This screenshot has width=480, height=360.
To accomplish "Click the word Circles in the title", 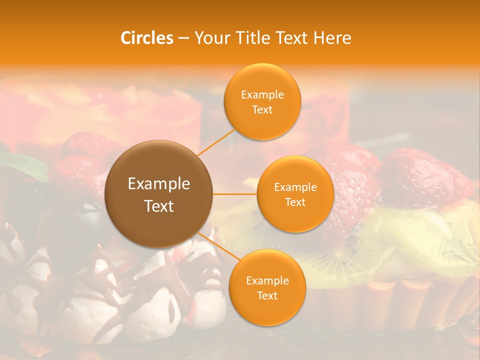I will [146, 38].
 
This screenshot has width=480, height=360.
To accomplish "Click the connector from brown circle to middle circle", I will [235, 194].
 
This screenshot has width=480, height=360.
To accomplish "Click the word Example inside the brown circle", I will [159, 184].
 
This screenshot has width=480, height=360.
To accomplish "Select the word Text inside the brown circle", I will [159, 206].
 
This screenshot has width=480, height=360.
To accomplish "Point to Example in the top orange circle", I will [262, 95].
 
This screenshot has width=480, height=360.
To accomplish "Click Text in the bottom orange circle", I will [267, 296].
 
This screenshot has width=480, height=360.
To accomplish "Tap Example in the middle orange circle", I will [295, 187].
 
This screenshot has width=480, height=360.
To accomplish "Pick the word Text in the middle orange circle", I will [295, 202].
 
